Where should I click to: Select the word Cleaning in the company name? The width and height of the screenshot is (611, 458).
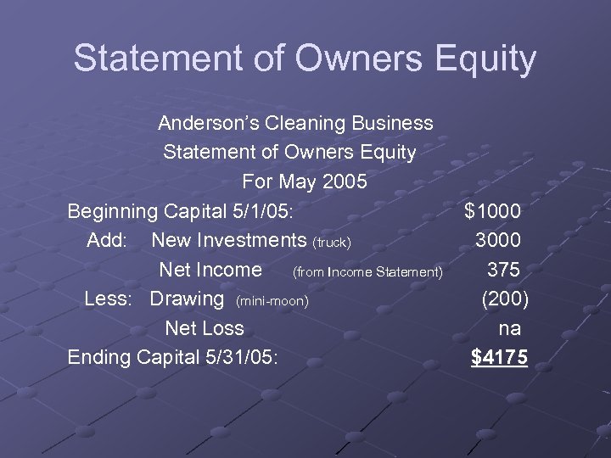pyautogui.click(x=301, y=123)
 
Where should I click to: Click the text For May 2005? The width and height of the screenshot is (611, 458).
pyautogui.click(x=305, y=182)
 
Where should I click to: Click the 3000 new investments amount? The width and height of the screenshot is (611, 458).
pyautogui.click(x=498, y=240)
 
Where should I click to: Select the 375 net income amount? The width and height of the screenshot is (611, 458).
pyautogui.click(x=504, y=270)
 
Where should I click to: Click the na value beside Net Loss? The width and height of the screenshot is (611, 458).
pyautogui.click(x=509, y=328)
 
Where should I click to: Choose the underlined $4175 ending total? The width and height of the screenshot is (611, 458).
pyautogui.click(x=499, y=358)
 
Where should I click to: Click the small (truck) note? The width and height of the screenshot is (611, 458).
pyautogui.click(x=332, y=243)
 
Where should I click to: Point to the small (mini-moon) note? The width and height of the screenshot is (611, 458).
pyautogui.click(x=272, y=301)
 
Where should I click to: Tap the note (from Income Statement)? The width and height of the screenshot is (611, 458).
pyautogui.click(x=367, y=272)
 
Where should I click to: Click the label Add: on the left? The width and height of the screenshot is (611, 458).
pyautogui.click(x=107, y=240)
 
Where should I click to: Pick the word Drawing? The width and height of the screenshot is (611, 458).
pyautogui.click(x=187, y=299)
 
